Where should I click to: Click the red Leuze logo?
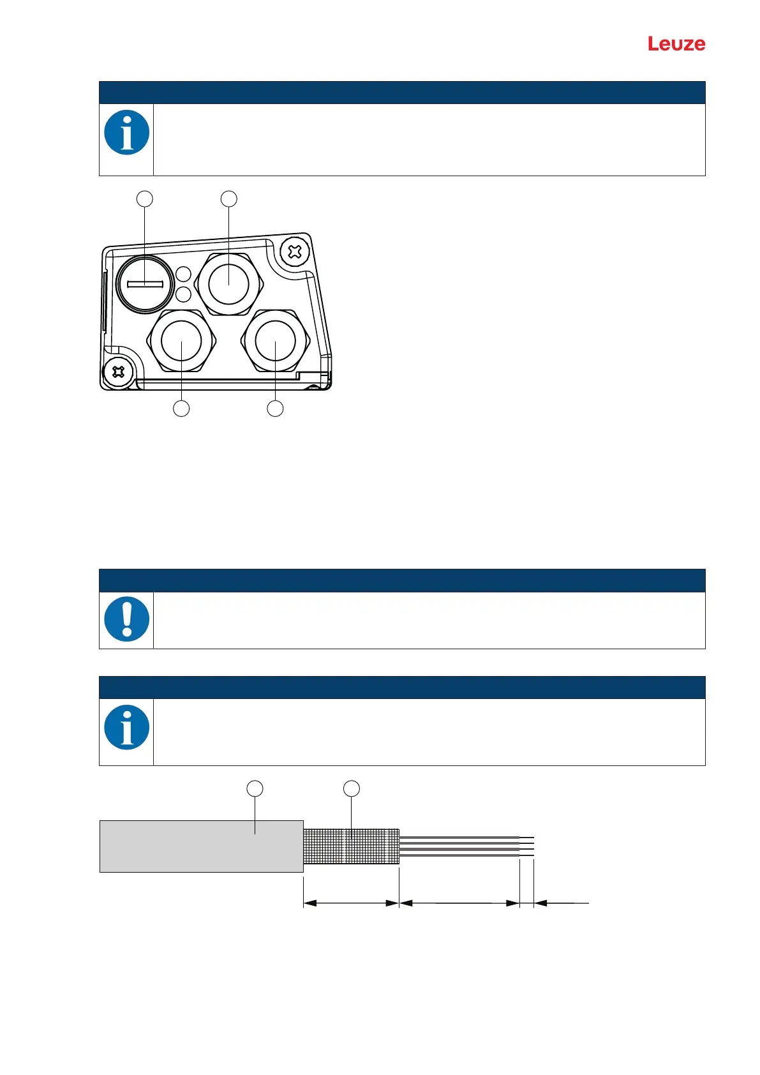point(676,44)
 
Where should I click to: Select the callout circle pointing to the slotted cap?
point(145,199)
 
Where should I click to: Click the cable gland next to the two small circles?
point(228,284)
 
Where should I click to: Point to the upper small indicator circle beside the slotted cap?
point(183,275)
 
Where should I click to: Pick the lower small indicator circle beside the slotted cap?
point(183,294)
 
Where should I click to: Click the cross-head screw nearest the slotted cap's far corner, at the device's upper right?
point(294,252)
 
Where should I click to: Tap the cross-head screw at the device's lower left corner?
point(118,372)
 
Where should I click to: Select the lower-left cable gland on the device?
point(182,341)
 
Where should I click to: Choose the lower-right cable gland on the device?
point(276,341)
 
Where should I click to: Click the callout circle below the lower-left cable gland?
point(182,409)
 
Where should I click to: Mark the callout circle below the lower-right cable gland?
point(275,409)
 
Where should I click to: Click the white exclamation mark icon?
point(127,619)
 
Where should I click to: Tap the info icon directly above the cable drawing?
point(127,728)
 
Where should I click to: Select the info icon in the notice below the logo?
point(127,133)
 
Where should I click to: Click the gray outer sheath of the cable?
point(201,846)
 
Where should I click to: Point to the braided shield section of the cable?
point(351,846)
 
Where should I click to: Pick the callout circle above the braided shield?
point(352,789)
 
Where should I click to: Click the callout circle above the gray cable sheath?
point(255,789)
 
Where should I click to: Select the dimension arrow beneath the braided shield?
point(351,903)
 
